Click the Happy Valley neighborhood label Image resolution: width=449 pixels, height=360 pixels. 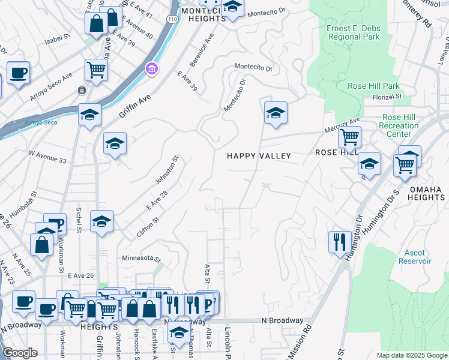point(259,156)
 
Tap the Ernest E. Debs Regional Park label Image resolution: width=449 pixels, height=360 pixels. point(354,32)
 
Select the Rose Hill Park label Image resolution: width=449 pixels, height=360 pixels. point(373,86)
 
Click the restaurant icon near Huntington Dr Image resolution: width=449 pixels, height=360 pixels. point(340,242)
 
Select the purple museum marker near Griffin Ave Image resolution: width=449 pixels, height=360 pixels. point(151,70)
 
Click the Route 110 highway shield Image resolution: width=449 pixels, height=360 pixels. point(173,19)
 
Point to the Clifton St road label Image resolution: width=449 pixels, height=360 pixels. point(147,227)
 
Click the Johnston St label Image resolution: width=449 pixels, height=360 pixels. point(175,170)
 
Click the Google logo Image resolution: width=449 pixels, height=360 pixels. point(20,353)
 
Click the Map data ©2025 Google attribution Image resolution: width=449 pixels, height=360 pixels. point(412,355)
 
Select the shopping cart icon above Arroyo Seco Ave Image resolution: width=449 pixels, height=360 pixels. point(95,70)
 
